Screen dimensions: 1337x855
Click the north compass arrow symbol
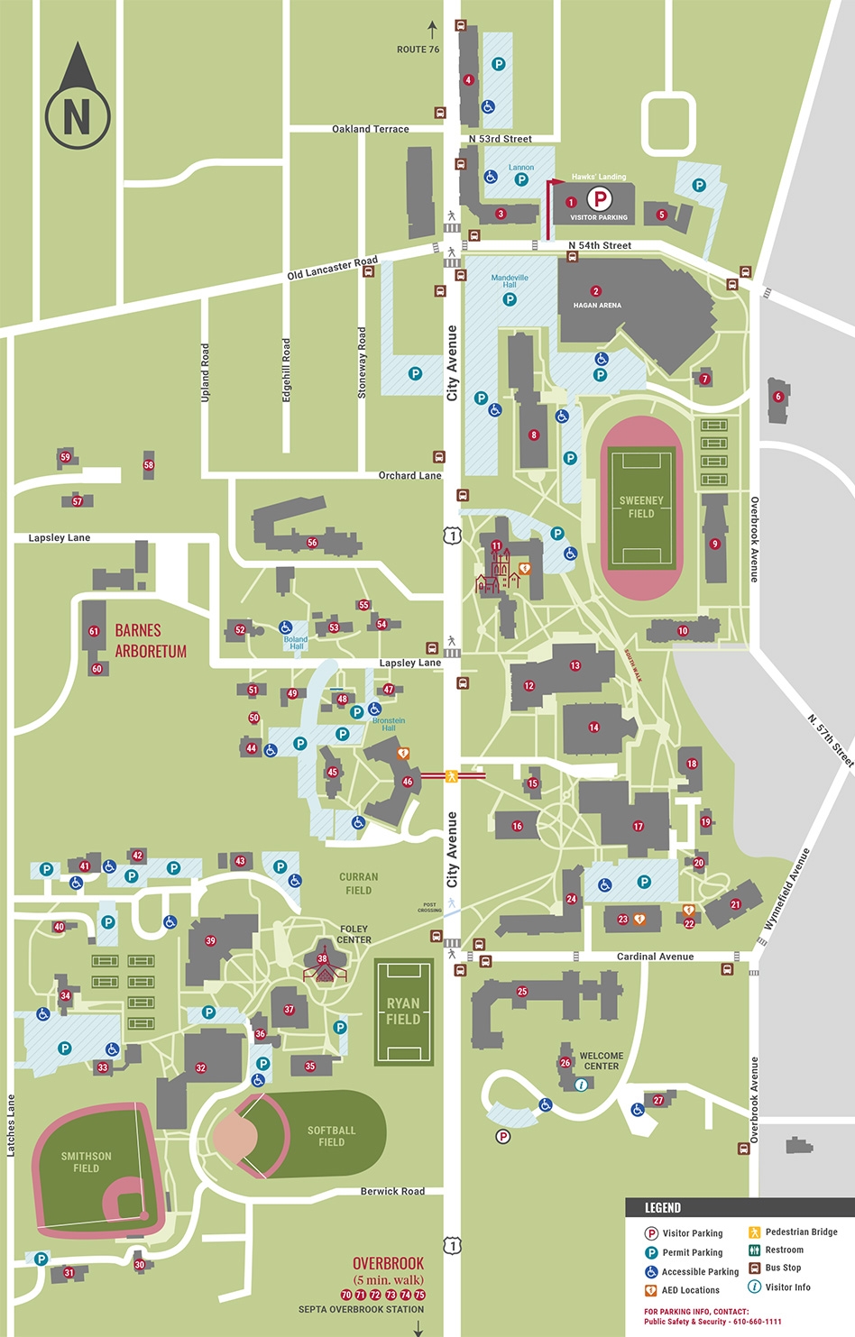tap(78, 96)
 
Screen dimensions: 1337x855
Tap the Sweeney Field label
tap(641, 507)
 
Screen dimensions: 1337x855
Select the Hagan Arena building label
tap(597, 305)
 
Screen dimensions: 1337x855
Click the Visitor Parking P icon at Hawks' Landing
tap(599, 198)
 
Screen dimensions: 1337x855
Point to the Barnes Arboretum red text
tap(151, 640)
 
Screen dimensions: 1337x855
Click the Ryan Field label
tap(403, 1011)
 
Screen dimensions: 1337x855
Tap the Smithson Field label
tap(87, 1162)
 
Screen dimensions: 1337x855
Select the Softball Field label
tap(331, 1136)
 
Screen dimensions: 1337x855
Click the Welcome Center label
tap(602, 1060)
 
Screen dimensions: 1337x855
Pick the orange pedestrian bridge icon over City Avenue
tap(452, 775)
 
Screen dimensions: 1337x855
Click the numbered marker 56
tap(312, 543)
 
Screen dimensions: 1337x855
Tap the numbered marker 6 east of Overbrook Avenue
tap(778, 397)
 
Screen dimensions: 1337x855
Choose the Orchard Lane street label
tap(409, 475)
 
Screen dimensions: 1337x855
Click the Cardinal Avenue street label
tap(655, 957)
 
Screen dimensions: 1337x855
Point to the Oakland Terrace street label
tap(370, 129)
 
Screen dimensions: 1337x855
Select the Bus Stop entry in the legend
tap(783, 1268)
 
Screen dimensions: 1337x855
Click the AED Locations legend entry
tap(690, 1290)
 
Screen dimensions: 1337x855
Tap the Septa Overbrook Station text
tap(361, 1309)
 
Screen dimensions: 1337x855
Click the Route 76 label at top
tap(418, 50)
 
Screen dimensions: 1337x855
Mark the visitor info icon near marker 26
tap(581, 1085)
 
